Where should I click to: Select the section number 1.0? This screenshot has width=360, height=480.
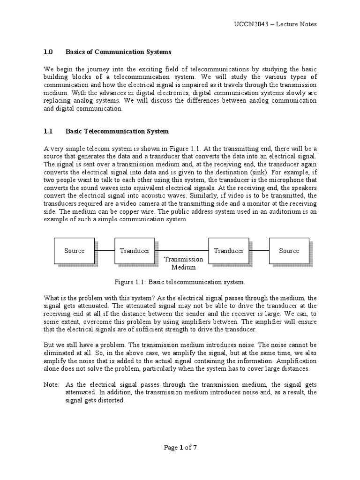48,52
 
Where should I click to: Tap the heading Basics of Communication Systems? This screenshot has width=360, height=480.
119,52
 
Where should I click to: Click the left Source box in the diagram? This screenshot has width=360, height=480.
74,251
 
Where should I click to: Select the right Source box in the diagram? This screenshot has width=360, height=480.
289,251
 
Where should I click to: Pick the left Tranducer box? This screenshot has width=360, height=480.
135,251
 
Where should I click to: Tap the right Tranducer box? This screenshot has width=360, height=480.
228,251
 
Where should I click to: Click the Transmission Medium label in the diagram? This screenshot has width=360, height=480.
183,263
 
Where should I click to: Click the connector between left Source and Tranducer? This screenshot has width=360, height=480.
105,251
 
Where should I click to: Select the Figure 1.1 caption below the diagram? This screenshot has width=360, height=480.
180,282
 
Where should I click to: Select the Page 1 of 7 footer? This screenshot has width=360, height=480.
180,447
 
